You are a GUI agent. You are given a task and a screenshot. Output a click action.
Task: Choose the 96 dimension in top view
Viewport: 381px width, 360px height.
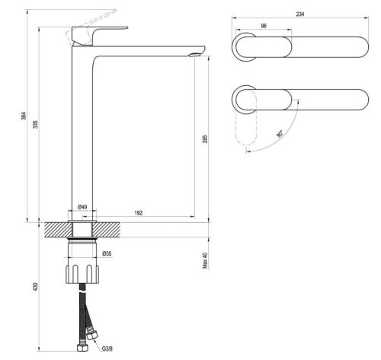(264, 26)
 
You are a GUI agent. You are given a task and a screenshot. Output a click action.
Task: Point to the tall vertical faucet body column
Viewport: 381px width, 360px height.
(82, 129)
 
